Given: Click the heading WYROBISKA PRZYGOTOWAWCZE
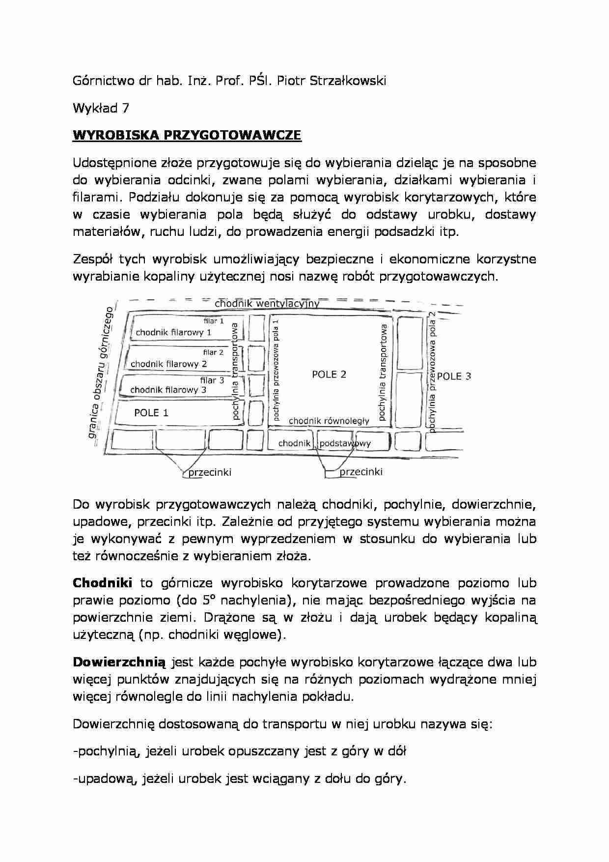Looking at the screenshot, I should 187,135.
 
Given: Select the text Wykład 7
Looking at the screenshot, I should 101,108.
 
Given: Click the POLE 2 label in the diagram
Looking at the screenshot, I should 329,374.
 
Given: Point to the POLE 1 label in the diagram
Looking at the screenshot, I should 151,412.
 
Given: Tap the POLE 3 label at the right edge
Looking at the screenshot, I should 453,376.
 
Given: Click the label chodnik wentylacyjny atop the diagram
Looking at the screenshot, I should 267,303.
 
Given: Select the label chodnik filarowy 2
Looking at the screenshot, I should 168,364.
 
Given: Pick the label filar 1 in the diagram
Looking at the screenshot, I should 214,321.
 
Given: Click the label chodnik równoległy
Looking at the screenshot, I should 329,421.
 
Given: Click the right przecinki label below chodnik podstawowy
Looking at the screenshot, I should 361,472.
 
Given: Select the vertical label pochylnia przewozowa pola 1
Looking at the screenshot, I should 276,370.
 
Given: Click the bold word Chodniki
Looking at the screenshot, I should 102,583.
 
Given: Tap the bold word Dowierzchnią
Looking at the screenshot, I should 119,661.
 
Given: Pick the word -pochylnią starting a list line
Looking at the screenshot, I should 101,751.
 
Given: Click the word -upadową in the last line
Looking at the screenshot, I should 100,779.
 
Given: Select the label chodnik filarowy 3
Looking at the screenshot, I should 168,390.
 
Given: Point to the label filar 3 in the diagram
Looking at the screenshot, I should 212,380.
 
